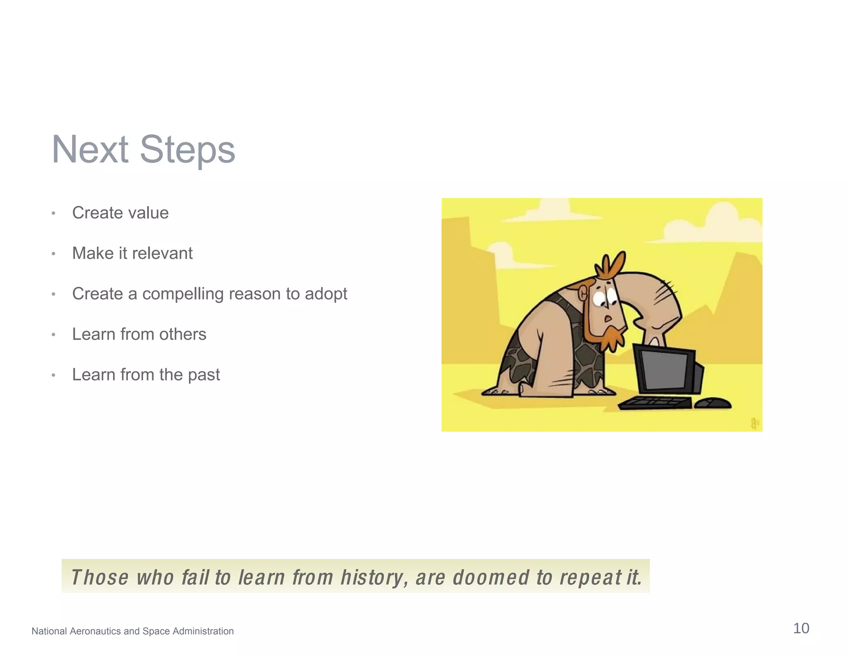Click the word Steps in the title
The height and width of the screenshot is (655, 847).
click(187, 150)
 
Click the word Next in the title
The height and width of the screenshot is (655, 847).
click(90, 150)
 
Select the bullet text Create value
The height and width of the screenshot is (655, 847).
click(120, 213)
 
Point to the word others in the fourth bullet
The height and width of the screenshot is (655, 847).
click(182, 334)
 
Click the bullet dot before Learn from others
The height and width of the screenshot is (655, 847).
click(53, 335)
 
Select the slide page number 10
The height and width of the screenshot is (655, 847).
click(801, 628)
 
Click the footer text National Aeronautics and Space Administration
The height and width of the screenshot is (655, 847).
click(132, 631)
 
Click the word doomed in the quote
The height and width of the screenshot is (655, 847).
click(491, 577)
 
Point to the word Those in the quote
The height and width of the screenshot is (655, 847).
click(100, 577)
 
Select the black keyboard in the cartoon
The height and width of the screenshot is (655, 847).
click(655, 402)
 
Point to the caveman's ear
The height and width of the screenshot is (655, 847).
click(582, 294)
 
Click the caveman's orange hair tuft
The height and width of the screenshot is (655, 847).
click(611, 265)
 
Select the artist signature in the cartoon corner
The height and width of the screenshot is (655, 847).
click(754, 423)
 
